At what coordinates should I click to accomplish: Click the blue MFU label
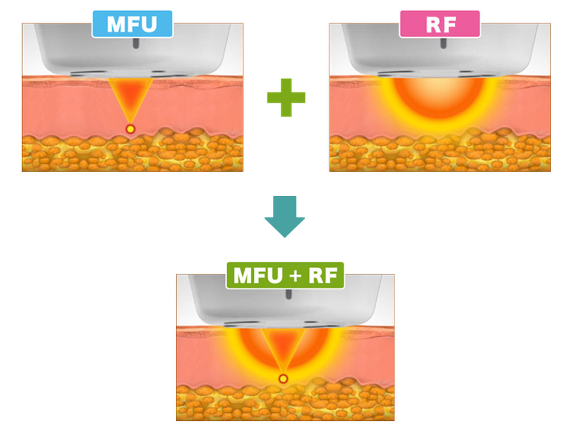(132, 24)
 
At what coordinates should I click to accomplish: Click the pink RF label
(439, 24)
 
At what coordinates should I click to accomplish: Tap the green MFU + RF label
(284, 276)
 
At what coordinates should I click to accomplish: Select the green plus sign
(286, 97)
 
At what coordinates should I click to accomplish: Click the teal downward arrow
(285, 216)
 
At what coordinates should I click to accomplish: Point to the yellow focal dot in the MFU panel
(131, 129)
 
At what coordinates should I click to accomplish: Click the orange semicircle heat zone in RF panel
(438, 99)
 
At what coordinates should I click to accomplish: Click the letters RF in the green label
(319, 276)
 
